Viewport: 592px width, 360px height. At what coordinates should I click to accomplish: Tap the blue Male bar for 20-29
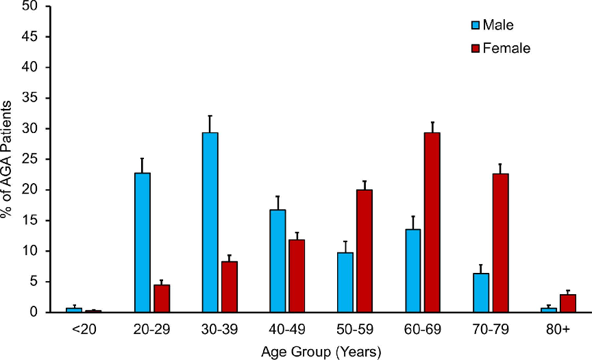[143, 242]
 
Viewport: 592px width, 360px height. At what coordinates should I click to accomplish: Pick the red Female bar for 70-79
[500, 243]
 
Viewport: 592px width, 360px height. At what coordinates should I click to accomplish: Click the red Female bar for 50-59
[365, 251]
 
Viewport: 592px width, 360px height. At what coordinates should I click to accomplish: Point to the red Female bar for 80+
[567, 303]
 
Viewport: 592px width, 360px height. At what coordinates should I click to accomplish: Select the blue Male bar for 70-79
[481, 293]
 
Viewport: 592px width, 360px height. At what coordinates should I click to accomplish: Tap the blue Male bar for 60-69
[413, 270]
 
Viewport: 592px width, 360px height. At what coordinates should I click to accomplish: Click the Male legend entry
[491, 25]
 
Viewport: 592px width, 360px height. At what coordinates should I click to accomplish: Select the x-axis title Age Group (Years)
[321, 350]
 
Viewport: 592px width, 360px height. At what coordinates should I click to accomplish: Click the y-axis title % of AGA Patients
[8, 159]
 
